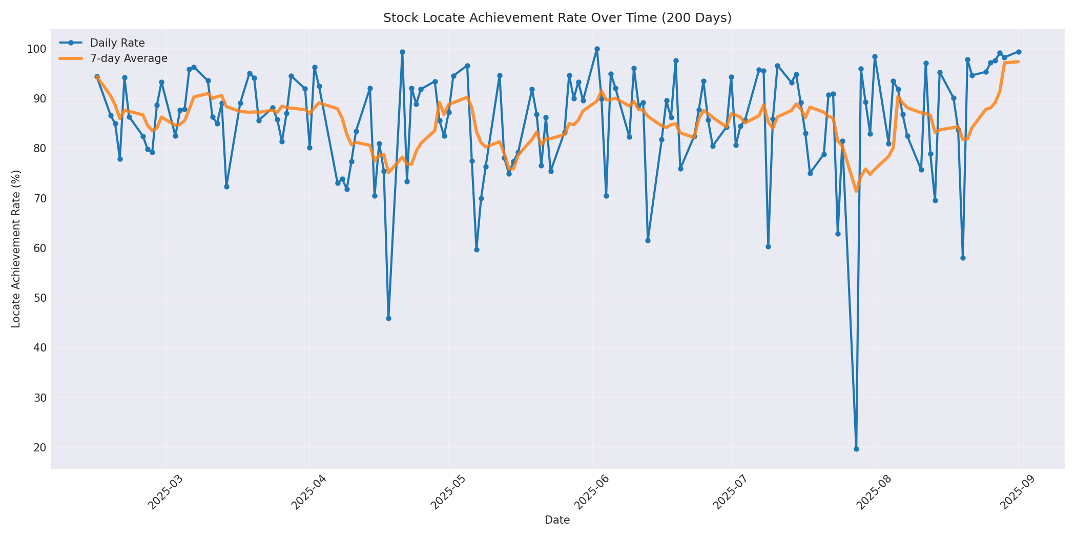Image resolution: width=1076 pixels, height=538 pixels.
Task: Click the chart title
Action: coord(557,18)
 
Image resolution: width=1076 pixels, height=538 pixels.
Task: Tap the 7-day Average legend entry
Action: coord(129,58)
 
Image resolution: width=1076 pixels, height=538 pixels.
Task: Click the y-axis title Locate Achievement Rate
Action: coord(16,249)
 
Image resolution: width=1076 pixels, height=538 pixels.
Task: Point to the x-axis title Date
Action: coord(557,520)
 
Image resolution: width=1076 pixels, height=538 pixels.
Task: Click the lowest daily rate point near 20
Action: coord(856,449)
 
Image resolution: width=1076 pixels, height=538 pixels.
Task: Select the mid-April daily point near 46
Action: coord(388,318)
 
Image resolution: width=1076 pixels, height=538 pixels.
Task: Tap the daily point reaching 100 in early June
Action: coord(597,49)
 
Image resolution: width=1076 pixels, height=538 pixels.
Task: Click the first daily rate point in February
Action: coord(97,77)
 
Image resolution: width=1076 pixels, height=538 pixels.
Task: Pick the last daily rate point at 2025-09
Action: coord(1019,52)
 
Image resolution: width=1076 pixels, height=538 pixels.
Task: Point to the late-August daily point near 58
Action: coord(963,258)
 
